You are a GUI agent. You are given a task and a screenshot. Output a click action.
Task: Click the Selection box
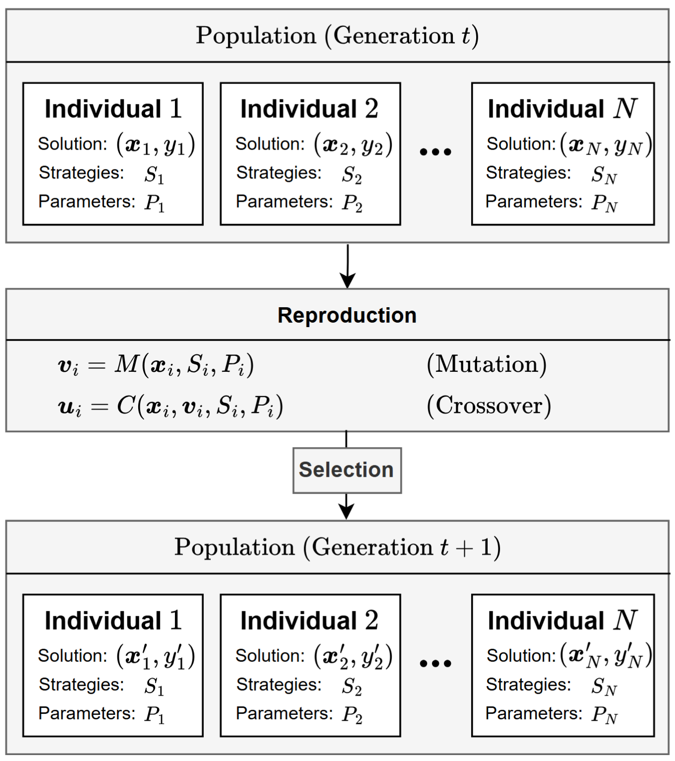pyautogui.click(x=346, y=470)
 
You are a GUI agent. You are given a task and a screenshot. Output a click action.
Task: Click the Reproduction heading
pyautogui.click(x=346, y=315)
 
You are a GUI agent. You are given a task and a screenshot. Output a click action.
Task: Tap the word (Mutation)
pyautogui.click(x=487, y=364)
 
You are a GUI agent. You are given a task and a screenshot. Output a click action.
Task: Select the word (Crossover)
pyautogui.click(x=489, y=406)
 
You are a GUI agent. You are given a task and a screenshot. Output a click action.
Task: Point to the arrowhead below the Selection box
pyautogui.click(x=346, y=510)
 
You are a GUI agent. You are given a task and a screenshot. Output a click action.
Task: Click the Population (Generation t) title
pyautogui.click(x=337, y=36)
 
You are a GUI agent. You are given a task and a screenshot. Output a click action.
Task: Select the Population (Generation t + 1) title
pyautogui.click(x=337, y=547)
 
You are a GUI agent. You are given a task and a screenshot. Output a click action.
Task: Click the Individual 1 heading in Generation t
pyautogui.click(x=113, y=109)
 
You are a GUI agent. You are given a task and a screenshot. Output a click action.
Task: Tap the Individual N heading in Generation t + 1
pyautogui.click(x=562, y=620)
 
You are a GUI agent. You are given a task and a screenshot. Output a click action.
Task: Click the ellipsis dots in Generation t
pyautogui.click(x=435, y=152)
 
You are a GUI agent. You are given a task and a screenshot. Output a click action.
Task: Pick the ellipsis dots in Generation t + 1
pyautogui.click(x=435, y=663)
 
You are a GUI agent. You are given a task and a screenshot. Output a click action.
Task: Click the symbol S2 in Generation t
pyautogui.click(x=351, y=174)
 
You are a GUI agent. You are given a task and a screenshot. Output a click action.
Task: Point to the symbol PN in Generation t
pyautogui.click(x=604, y=203)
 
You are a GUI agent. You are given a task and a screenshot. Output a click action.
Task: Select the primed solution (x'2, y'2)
pyautogui.click(x=353, y=656)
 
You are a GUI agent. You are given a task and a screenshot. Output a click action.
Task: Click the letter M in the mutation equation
pyautogui.click(x=126, y=364)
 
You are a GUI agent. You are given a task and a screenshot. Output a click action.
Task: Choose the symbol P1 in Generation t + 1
pyautogui.click(x=155, y=715)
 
